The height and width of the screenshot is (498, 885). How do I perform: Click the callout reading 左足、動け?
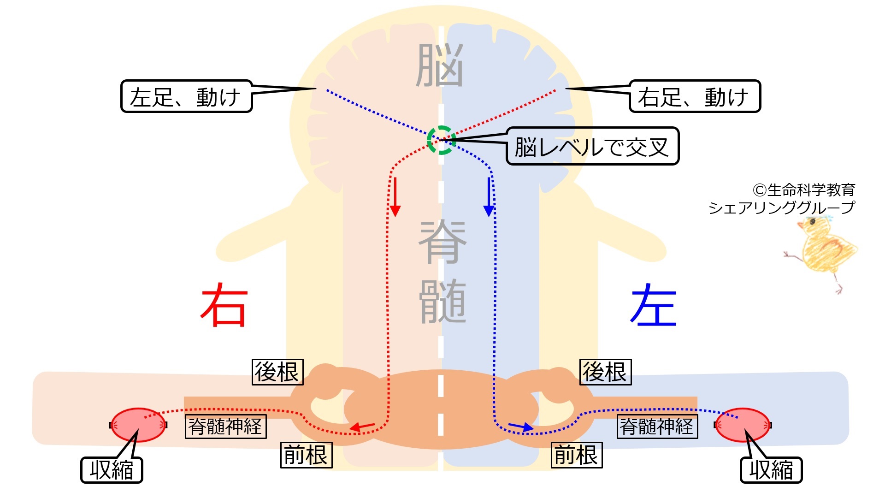186,96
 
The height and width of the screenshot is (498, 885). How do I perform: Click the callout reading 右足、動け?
695,96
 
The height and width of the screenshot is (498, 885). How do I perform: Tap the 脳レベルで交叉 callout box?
592,146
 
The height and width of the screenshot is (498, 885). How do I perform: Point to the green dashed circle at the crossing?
442,140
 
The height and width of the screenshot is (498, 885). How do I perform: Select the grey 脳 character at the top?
440,65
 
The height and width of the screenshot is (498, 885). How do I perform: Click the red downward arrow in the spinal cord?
395,197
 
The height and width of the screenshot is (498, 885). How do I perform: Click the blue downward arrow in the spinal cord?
489,197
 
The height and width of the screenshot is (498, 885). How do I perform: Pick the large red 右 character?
224,305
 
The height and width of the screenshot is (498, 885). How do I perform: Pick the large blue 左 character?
654,305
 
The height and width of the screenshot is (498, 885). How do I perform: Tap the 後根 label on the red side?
277,372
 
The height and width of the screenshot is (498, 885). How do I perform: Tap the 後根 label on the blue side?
605,372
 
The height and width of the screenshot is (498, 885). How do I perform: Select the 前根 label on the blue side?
577,455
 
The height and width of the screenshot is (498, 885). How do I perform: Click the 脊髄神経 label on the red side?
225,426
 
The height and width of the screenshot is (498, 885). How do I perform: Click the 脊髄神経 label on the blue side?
657,426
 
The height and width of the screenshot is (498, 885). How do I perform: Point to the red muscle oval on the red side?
138,425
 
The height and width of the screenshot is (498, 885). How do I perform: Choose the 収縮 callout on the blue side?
771,470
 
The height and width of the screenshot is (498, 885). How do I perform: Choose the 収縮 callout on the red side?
112,470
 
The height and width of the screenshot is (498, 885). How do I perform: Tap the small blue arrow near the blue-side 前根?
521,427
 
